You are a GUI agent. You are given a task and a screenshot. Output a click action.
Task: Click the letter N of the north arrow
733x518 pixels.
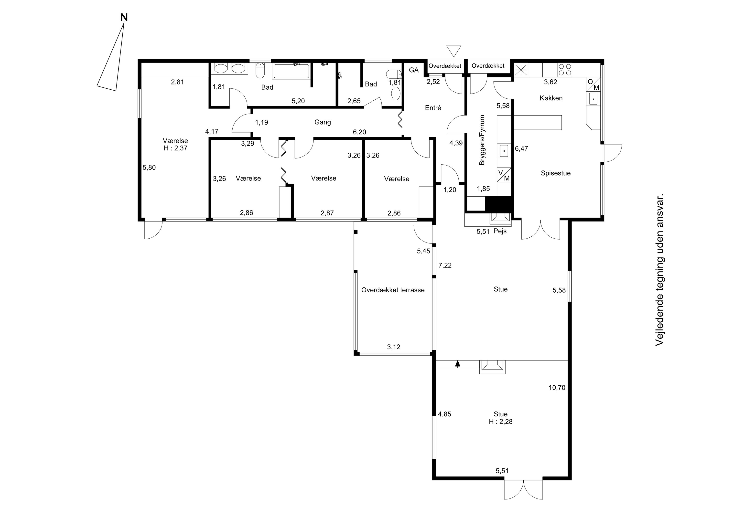124,18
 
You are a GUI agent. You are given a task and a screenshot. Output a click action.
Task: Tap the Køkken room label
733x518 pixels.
551,98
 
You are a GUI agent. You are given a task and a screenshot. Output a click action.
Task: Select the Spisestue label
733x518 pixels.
556,173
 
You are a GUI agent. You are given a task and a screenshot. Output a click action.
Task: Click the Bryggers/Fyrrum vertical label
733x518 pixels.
482,140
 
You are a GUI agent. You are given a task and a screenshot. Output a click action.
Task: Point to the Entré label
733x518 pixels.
433,108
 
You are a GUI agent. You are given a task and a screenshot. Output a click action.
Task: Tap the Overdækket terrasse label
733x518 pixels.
393,290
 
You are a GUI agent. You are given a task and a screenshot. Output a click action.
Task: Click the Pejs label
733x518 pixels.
500,231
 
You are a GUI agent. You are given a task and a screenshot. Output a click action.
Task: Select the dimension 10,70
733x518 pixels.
557,388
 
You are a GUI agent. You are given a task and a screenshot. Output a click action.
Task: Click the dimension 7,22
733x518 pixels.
445,265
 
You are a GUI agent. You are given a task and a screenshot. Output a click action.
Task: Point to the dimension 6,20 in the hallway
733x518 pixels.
359,132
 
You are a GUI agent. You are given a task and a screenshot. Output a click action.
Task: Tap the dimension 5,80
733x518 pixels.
149,167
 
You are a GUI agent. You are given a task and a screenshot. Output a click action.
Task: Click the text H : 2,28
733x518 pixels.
501,421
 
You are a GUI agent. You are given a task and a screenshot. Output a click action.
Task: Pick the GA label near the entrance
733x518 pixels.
414,70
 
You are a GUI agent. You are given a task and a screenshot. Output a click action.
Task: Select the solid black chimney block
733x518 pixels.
498,204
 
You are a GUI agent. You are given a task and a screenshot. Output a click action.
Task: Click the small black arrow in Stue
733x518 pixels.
458,363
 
